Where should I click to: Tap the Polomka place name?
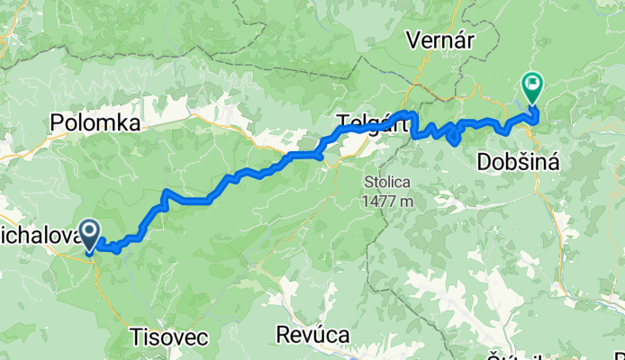[x=95, y=123]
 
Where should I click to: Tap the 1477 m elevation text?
[x=389, y=201]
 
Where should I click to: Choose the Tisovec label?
[x=168, y=337]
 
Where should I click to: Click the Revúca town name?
[x=312, y=335]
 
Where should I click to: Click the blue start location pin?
[x=91, y=236]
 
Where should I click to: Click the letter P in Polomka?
[x=58, y=123]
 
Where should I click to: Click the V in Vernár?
[x=413, y=40]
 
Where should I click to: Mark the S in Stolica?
[x=369, y=183]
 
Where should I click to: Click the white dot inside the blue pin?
[x=91, y=231]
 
